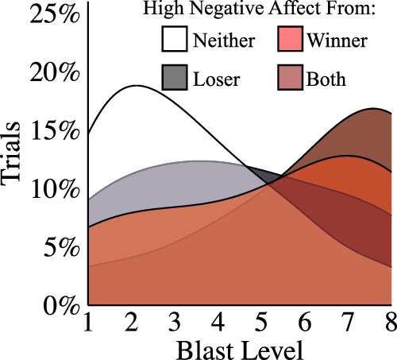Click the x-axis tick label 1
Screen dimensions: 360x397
tap(89, 323)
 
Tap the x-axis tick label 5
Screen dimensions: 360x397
tap(261, 323)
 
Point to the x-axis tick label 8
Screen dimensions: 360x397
tap(389, 323)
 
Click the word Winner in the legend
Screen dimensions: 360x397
tap(339, 41)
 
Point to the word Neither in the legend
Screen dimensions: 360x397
tap(224, 41)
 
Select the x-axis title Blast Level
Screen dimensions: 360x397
tap(240, 348)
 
